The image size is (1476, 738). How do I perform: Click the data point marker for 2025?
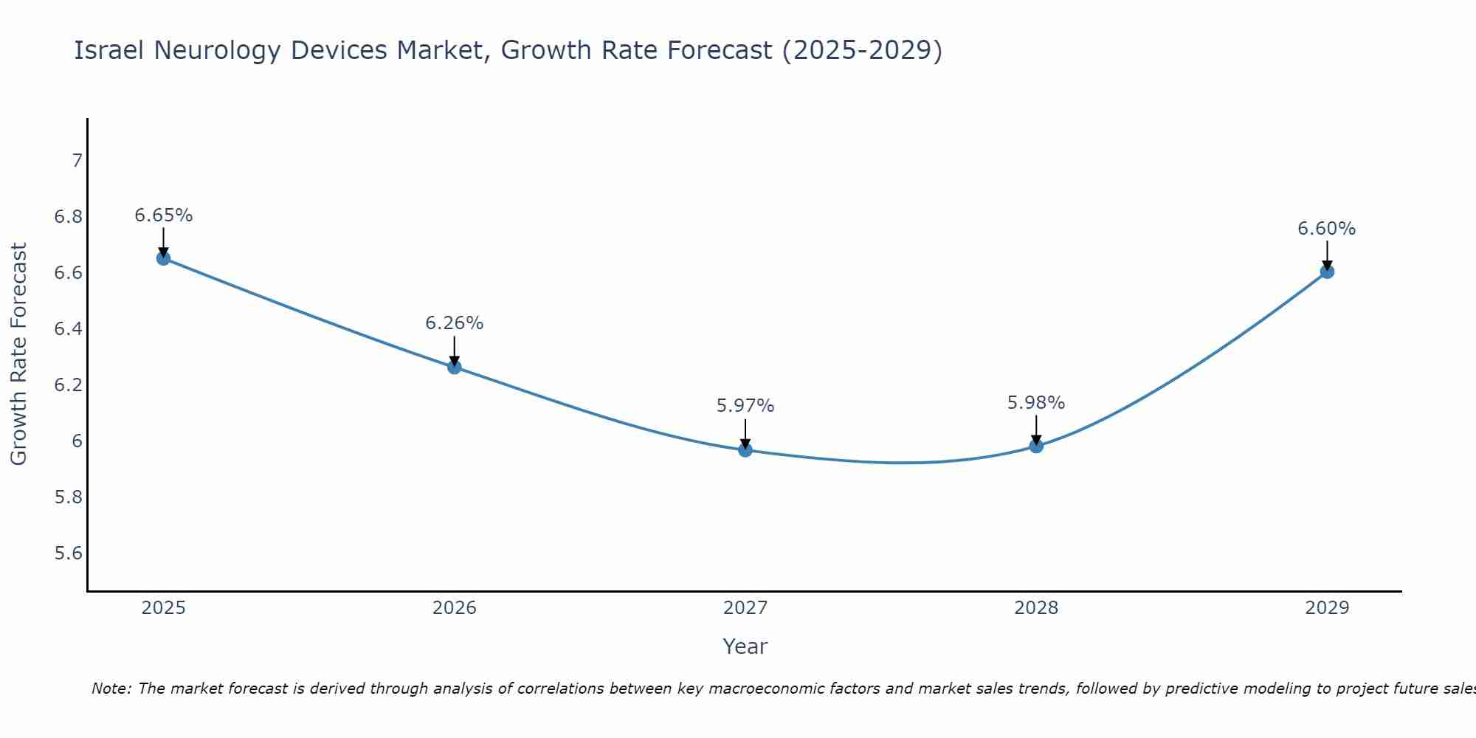click(x=163, y=258)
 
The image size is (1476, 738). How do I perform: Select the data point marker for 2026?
click(x=455, y=367)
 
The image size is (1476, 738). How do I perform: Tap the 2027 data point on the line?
click(x=745, y=449)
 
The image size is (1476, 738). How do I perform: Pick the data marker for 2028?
click(x=1036, y=446)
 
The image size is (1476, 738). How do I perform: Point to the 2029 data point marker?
click(x=1327, y=272)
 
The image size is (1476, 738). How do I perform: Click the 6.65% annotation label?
click(x=163, y=215)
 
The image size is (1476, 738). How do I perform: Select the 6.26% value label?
click(x=455, y=323)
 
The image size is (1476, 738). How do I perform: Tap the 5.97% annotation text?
click(x=745, y=406)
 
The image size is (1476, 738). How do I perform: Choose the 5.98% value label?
click(x=1036, y=403)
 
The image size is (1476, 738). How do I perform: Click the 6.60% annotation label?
click(x=1327, y=229)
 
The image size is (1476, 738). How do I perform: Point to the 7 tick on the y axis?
click(x=77, y=160)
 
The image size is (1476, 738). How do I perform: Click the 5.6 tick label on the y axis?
click(x=69, y=553)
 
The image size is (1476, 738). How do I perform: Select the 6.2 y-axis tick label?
click(x=69, y=385)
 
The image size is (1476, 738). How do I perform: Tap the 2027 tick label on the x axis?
click(x=745, y=608)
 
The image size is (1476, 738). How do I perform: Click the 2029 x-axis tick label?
click(x=1327, y=608)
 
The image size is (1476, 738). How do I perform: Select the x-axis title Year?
click(x=745, y=646)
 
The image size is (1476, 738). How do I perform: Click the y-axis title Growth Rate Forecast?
click(x=19, y=354)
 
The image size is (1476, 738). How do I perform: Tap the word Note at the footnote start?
click(x=111, y=689)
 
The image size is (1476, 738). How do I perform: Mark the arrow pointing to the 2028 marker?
click(x=1036, y=430)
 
